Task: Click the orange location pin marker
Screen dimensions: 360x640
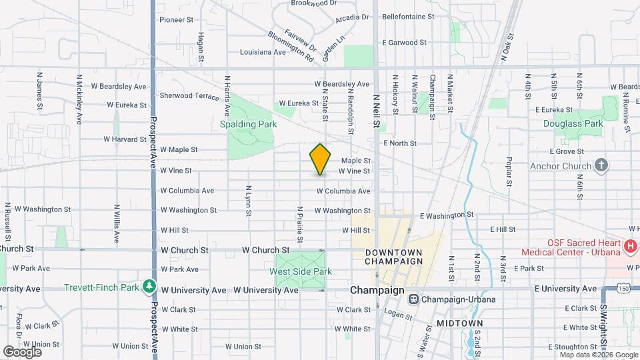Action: pyautogui.click(x=320, y=159)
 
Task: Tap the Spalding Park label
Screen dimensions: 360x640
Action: pyautogui.click(x=249, y=124)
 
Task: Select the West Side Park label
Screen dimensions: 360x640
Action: pyautogui.click(x=300, y=271)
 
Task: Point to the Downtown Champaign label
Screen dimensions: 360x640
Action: pyautogui.click(x=394, y=257)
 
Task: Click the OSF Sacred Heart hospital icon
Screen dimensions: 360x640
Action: pyautogui.click(x=631, y=247)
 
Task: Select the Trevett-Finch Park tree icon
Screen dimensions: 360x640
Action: pyautogui.click(x=149, y=288)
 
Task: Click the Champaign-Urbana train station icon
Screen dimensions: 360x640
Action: pyautogui.click(x=414, y=299)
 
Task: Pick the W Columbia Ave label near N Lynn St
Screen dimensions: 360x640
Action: pyautogui.click(x=187, y=191)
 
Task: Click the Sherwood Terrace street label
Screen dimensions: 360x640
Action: pyautogui.click(x=189, y=96)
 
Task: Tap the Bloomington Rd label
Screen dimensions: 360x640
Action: pyautogui.click(x=291, y=46)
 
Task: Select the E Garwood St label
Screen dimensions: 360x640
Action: pyautogui.click(x=404, y=42)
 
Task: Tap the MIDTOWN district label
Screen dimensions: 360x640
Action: pyautogui.click(x=459, y=323)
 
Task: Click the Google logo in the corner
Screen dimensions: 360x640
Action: pyautogui.click(x=22, y=351)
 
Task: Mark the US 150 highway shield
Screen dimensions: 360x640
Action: pyautogui.click(x=624, y=289)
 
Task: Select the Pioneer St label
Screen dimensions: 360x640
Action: pyautogui.click(x=176, y=19)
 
